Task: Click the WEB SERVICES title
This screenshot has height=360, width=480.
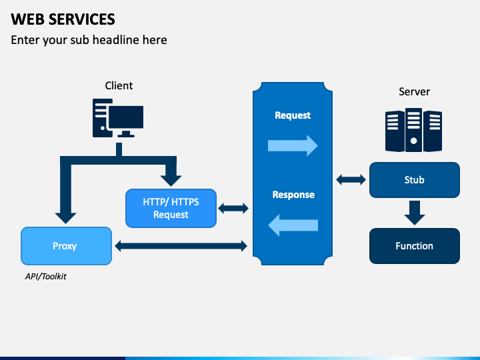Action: (x=63, y=19)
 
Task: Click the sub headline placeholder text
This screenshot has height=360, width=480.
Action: (x=89, y=40)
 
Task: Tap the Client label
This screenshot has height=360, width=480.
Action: (x=119, y=86)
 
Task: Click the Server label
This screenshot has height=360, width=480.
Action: (x=414, y=91)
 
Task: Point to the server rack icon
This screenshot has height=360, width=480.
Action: (x=413, y=130)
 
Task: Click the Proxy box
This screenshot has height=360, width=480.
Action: (x=66, y=246)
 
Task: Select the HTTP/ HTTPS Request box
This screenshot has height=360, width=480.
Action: (x=171, y=208)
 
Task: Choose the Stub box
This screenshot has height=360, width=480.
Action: (x=415, y=180)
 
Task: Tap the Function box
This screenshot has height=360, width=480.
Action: (x=415, y=246)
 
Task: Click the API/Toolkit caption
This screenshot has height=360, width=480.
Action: (x=45, y=277)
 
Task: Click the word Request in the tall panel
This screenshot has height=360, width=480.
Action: (x=293, y=115)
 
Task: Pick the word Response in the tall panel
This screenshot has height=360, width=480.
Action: (x=293, y=195)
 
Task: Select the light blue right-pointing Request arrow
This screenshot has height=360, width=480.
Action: (x=293, y=146)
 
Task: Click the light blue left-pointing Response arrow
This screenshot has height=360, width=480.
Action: (x=293, y=225)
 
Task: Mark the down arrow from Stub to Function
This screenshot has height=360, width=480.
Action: (x=415, y=213)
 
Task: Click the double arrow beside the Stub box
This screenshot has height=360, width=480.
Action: (x=351, y=180)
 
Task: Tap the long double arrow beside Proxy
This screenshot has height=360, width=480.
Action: (x=181, y=246)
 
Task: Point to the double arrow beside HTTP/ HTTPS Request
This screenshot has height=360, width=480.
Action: (x=233, y=209)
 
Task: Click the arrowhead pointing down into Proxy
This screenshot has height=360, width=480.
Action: (x=65, y=217)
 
